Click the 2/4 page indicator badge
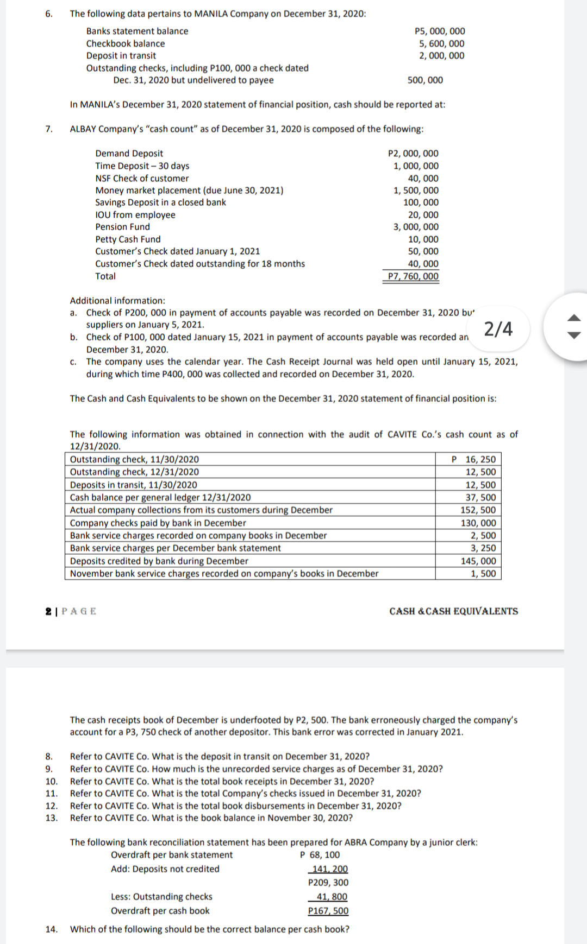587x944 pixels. pyautogui.click(x=498, y=329)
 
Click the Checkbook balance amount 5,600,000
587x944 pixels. pyautogui.click(x=441, y=43)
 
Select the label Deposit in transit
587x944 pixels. pyautogui.click(x=121, y=55)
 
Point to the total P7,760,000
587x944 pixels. pyautogui.click(x=413, y=276)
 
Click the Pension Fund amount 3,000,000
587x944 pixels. pyautogui.click(x=416, y=227)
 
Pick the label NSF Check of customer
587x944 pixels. pyautogui.click(x=142, y=178)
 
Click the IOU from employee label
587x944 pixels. pyautogui.click(x=135, y=215)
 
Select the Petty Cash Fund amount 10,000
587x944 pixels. pyautogui.click(x=423, y=239)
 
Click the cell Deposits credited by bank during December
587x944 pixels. pyautogui.click(x=159, y=561)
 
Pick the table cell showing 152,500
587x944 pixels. pyautogui.click(x=478, y=510)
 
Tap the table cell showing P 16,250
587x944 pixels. pyautogui.click(x=474, y=459)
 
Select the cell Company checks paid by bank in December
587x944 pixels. pyautogui.click(x=158, y=523)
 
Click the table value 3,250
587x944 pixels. pyautogui.click(x=483, y=548)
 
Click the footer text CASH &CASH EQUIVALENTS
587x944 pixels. pyautogui.click(x=453, y=611)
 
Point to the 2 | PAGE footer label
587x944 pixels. pyautogui.click(x=71, y=611)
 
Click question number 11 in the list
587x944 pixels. pyautogui.click(x=51, y=793)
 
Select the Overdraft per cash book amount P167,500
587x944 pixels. pyautogui.click(x=328, y=911)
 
